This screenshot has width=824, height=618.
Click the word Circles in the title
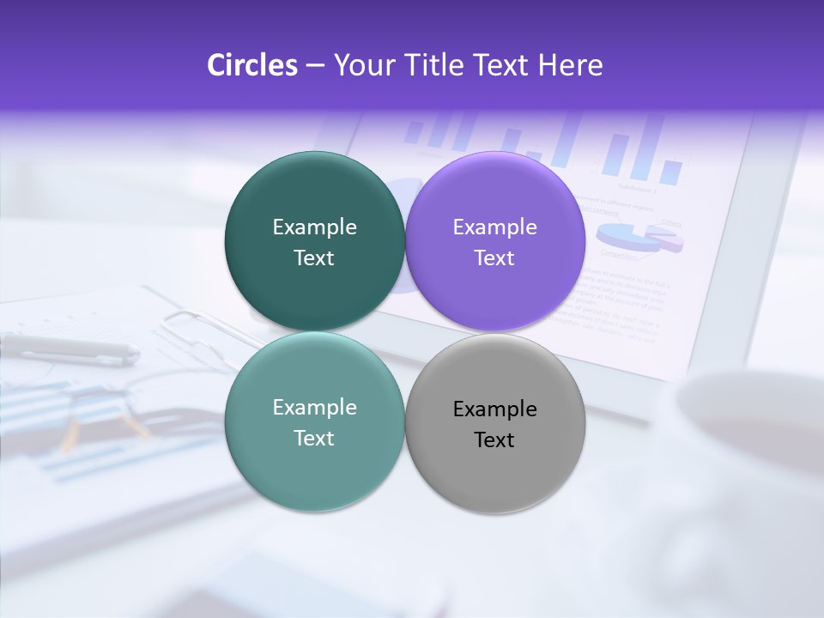point(251,65)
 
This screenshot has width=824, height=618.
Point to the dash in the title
point(315,66)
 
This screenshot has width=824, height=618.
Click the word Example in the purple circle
point(495,227)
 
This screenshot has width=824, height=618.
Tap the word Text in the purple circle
point(494,257)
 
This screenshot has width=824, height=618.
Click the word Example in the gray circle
point(495,409)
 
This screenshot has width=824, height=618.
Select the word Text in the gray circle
point(494,439)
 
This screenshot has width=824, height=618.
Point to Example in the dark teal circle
point(314,227)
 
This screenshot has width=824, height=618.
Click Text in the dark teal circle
point(314,257)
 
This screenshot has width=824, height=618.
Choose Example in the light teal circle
point(314,408)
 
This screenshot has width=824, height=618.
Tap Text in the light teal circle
point(314,438)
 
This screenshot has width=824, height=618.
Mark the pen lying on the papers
point(69,348)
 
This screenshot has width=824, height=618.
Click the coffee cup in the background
point(747,429)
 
